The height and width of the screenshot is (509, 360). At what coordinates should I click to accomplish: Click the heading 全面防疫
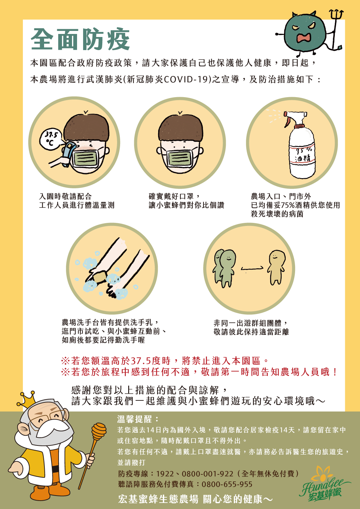coord(80,39)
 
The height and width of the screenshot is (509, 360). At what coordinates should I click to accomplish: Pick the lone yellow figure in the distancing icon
coord(276,267)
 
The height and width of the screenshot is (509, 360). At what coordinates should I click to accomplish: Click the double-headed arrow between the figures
coord(252,268)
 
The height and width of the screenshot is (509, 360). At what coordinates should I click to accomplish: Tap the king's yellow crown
coord(27,399)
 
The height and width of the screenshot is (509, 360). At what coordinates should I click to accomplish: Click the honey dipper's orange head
coord(99,430)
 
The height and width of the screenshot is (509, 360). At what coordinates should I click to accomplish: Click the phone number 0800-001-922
coord(207,474)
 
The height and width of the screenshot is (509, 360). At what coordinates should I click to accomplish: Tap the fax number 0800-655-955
coord(227,484)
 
